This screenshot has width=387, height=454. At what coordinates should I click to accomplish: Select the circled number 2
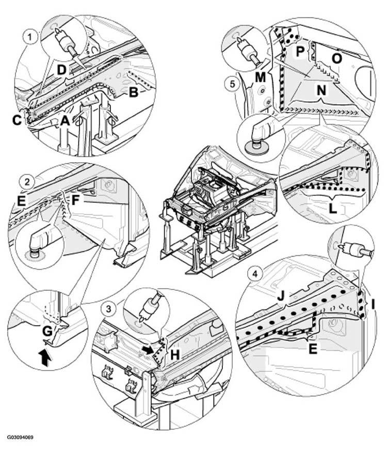tap(27, 182)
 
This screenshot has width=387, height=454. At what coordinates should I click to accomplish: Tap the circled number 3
tap(108, 309)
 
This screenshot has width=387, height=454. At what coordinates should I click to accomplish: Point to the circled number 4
tap(254, 274)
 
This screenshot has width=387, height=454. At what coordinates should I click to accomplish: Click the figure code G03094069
tap(20, 437)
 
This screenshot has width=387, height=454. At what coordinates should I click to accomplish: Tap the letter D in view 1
tap(61, 70)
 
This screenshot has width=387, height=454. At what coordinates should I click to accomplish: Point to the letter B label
tap(133, 92)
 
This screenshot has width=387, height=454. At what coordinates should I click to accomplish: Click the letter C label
tap(18, 120)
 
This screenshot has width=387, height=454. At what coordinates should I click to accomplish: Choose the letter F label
tap(75, 200)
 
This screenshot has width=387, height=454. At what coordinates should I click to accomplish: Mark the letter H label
tap(175, 354)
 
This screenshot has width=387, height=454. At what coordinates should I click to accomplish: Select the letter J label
tap(281, 296)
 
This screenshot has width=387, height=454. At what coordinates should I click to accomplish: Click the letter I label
tap(373, 304)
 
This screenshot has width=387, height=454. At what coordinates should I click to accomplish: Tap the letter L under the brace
tap(333, 209)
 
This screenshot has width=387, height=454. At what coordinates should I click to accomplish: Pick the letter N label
tap(321, 90)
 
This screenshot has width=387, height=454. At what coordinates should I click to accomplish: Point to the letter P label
tap(300, 52)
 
